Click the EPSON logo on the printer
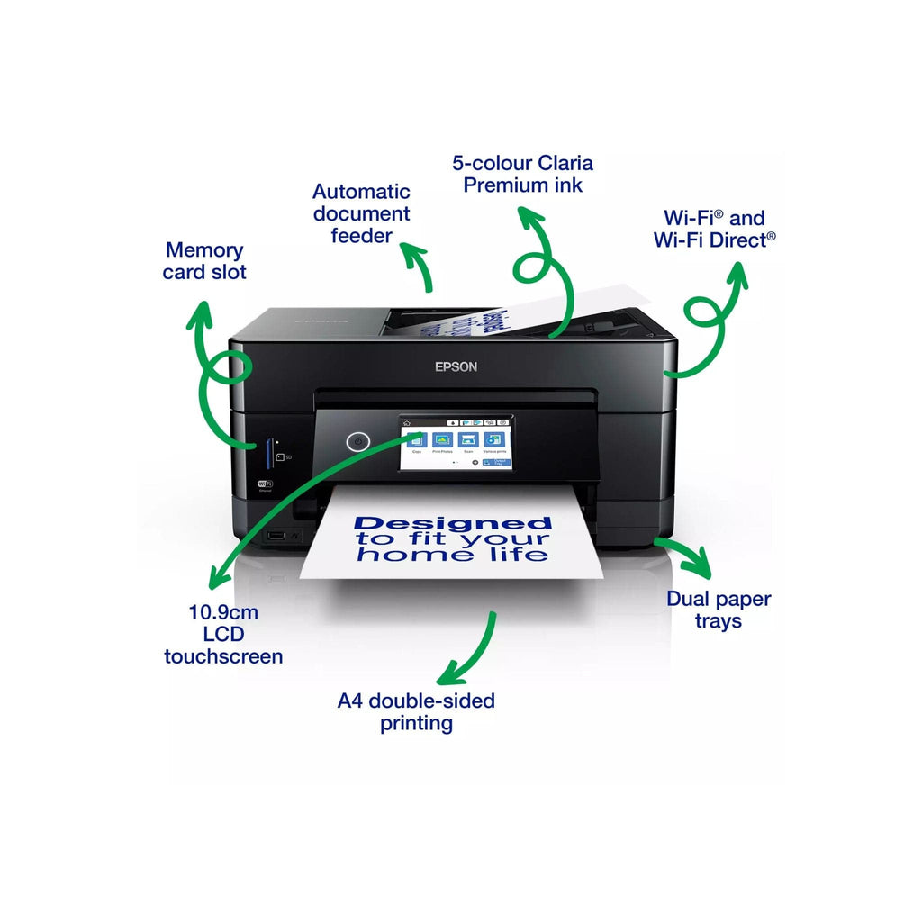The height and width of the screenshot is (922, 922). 456,366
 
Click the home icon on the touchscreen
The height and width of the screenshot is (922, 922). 407,421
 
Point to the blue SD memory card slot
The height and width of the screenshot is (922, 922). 269,453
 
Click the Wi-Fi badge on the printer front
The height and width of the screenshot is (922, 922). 266,484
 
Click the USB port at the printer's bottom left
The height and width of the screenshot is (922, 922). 274,537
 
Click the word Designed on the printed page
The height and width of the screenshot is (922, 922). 453,522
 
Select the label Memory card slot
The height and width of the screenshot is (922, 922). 204,261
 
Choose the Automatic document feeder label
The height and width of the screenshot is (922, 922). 361,213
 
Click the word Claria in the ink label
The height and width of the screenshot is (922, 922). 565,163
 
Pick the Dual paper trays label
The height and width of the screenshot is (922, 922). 719,610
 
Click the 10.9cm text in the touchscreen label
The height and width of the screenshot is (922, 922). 223,612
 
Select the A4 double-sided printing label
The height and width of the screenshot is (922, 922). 416,711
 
